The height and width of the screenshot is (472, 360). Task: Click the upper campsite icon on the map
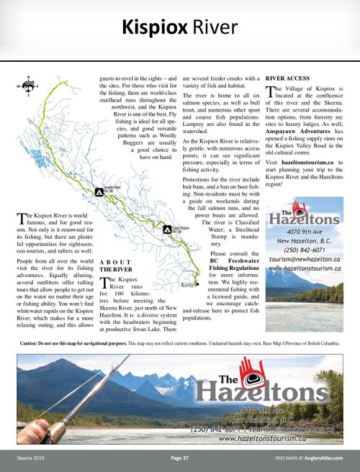pyautogui.click(x=99, y=192)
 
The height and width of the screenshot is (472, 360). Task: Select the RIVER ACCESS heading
pyautogui.click(x=288, y=77)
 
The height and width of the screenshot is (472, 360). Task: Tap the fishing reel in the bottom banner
pyautogui.click(x=54, y=430)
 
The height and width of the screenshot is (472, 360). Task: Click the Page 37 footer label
pyautogui.click(x=180, y=458)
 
